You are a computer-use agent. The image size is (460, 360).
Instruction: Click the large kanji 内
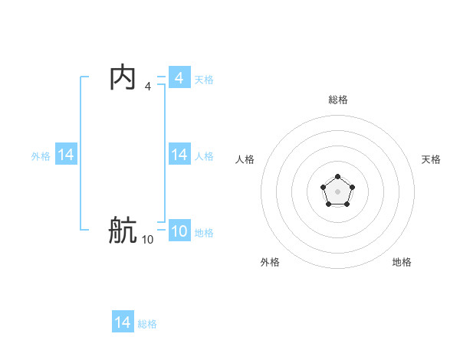[x=123, y=77]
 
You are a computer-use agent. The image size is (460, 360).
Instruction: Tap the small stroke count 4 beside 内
[x=148, y=87]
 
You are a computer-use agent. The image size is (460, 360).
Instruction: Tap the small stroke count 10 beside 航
[x=147, y=240]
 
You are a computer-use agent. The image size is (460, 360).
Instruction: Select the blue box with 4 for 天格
[x=179, y=77]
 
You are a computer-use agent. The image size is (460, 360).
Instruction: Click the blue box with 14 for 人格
[x=179, y=155]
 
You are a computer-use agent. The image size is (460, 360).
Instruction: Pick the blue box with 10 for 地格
[x=179, y=231]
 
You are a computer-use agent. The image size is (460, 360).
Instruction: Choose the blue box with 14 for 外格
[x=66, y=155]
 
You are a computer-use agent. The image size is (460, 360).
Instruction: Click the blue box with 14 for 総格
[x=123, y=322]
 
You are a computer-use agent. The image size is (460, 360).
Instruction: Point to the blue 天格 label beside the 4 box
[x=204, y=80]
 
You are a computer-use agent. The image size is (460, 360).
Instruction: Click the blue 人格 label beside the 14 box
[x=204, y=156]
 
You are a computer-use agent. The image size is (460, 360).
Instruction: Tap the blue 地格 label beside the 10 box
[x=204, y=233]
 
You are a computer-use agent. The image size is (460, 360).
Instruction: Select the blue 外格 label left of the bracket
[x=41, y=156]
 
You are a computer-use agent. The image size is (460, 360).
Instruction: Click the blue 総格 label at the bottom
[x=147, y=324]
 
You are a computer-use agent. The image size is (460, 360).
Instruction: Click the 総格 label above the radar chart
[x=338, y=100]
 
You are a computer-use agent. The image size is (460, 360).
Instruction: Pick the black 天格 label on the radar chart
[x=431, y=159]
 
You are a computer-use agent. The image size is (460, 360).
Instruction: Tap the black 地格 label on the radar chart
[x=402, y=262]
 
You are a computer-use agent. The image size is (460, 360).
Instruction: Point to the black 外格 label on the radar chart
[x=270, y=262]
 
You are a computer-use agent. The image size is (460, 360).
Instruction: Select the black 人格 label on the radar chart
[x=245, y=159]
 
